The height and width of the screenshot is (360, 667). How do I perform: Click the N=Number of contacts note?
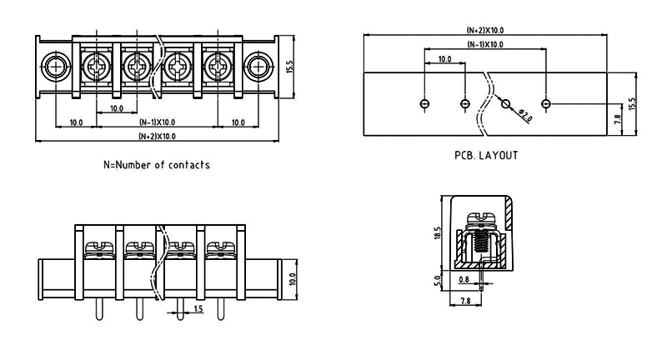[x=157, y=164]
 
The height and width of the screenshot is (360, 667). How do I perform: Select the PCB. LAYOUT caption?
[x=486, y=155]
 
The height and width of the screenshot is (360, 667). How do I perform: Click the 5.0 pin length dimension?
[x=436, y=281]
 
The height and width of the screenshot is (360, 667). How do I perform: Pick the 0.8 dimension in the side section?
[x=464, y=279]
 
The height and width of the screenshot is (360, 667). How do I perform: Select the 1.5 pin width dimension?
[x=198, y=309]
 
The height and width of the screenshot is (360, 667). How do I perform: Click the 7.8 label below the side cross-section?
[x=466, y=300]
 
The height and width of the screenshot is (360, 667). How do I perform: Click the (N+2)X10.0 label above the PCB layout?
[x=484, y=30]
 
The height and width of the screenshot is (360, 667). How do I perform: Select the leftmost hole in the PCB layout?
[x=424, y=103]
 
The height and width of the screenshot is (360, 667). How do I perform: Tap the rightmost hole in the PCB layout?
[x=546, y=103]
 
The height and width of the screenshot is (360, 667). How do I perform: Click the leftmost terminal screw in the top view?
[x=95, y=65]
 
